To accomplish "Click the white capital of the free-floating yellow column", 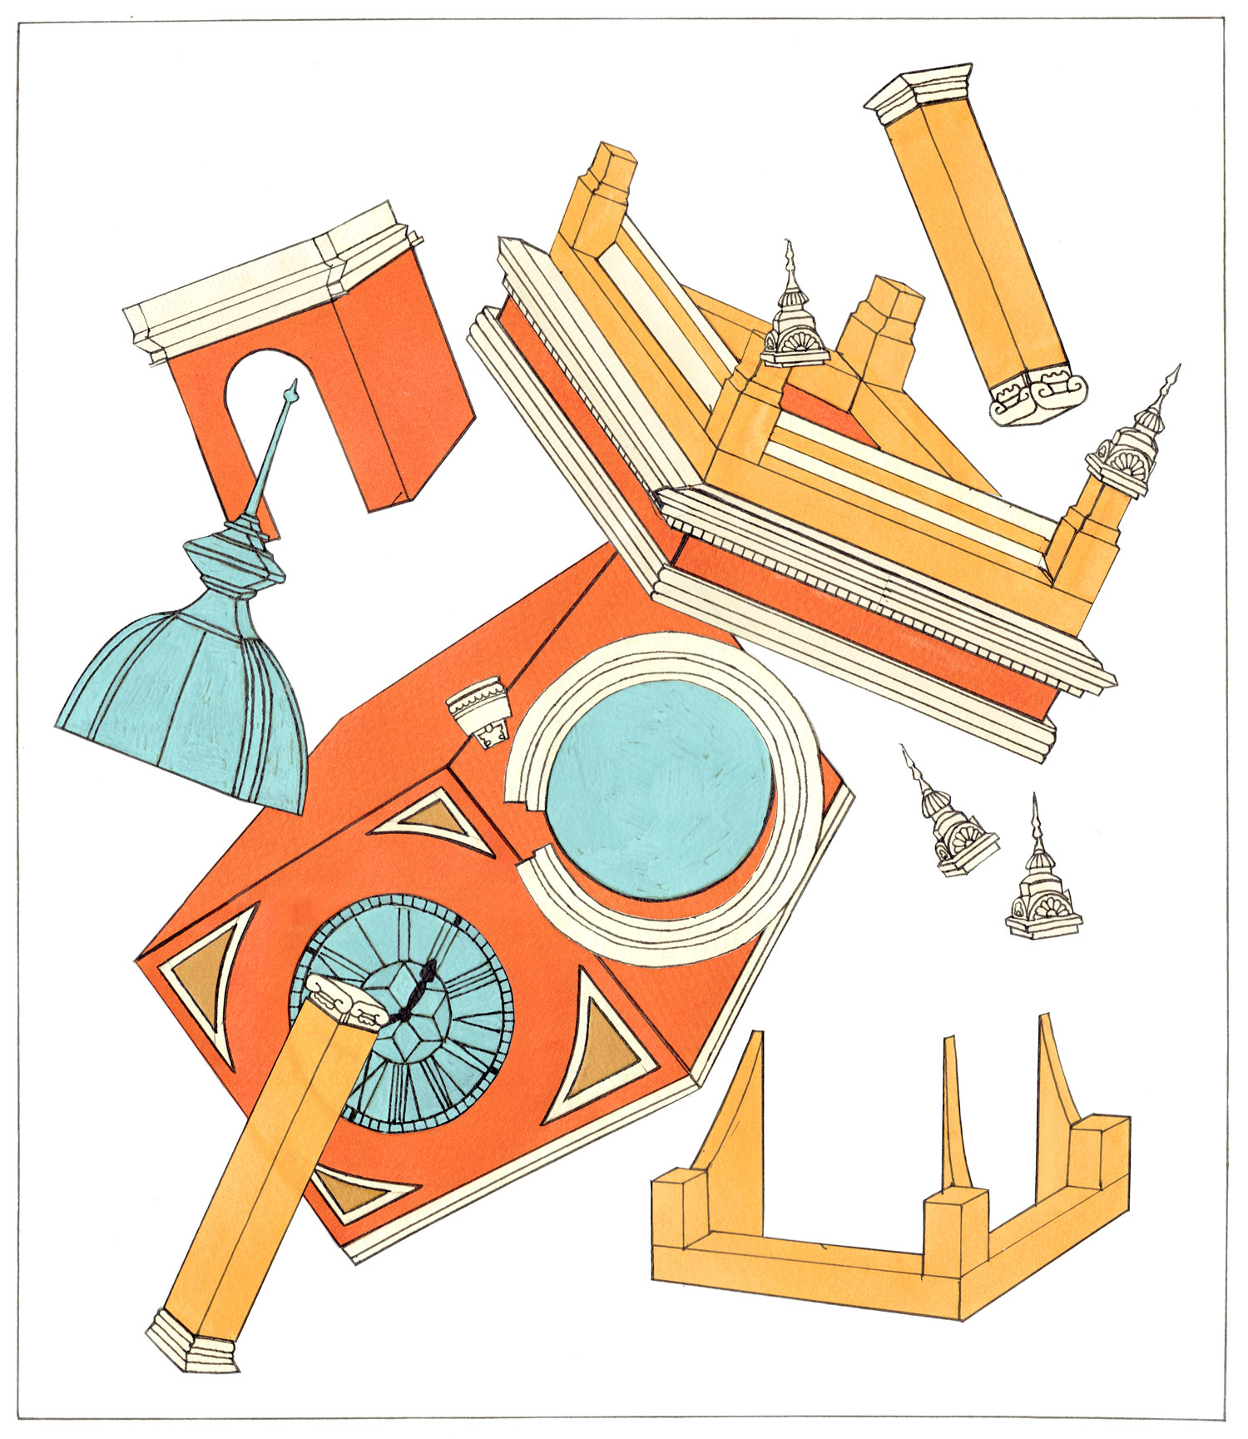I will (919, 92).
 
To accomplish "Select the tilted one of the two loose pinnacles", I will (953, 820).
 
